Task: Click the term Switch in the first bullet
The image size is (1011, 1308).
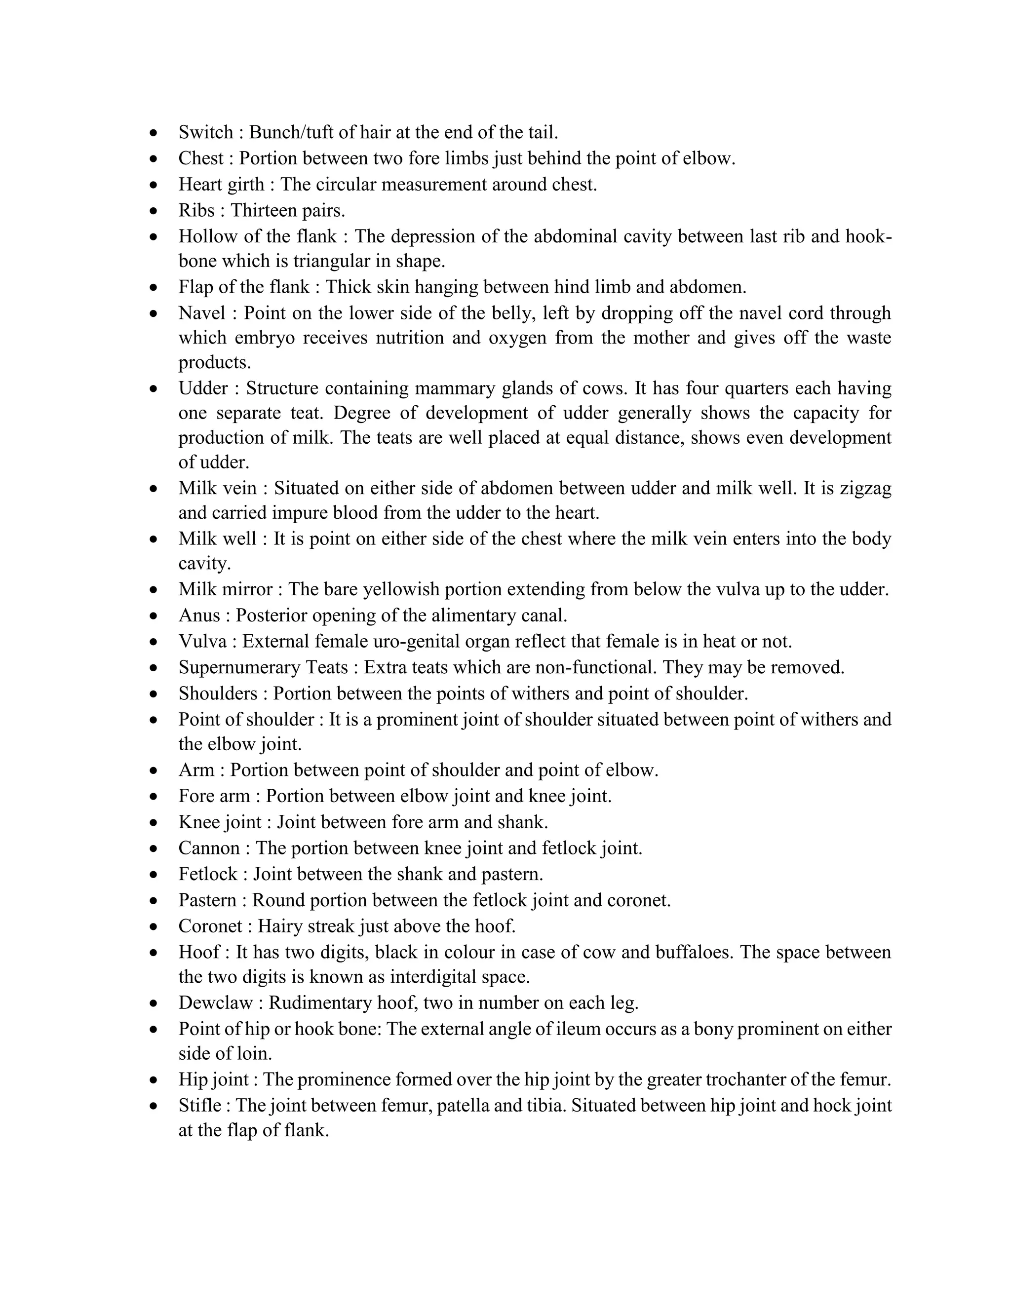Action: tap(205, 132)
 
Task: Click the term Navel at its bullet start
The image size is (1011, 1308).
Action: tap(201, 312)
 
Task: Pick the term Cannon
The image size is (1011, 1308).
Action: tap(209, 848)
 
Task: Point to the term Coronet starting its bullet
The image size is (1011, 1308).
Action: tap(210, 926)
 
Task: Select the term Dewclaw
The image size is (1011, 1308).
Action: tap(216, 1002)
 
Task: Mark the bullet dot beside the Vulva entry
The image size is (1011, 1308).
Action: tap(155, 643)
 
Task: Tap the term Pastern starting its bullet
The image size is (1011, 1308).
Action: tap(207, 900)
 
